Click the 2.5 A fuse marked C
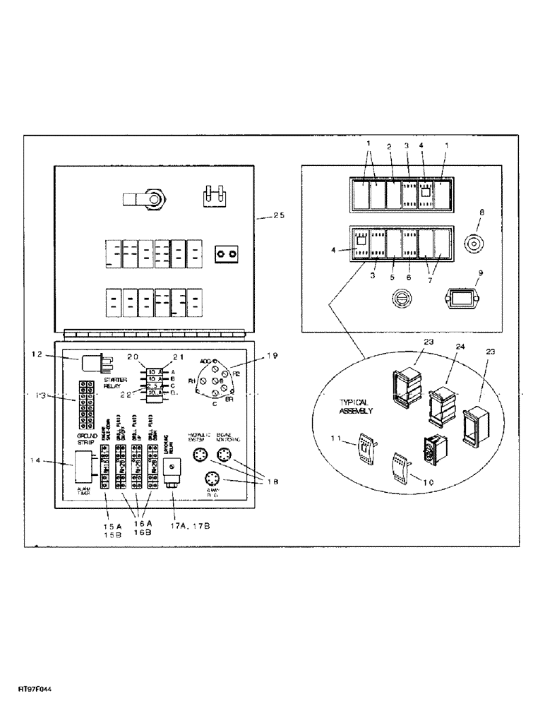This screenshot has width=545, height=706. click(x=155, y=386)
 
